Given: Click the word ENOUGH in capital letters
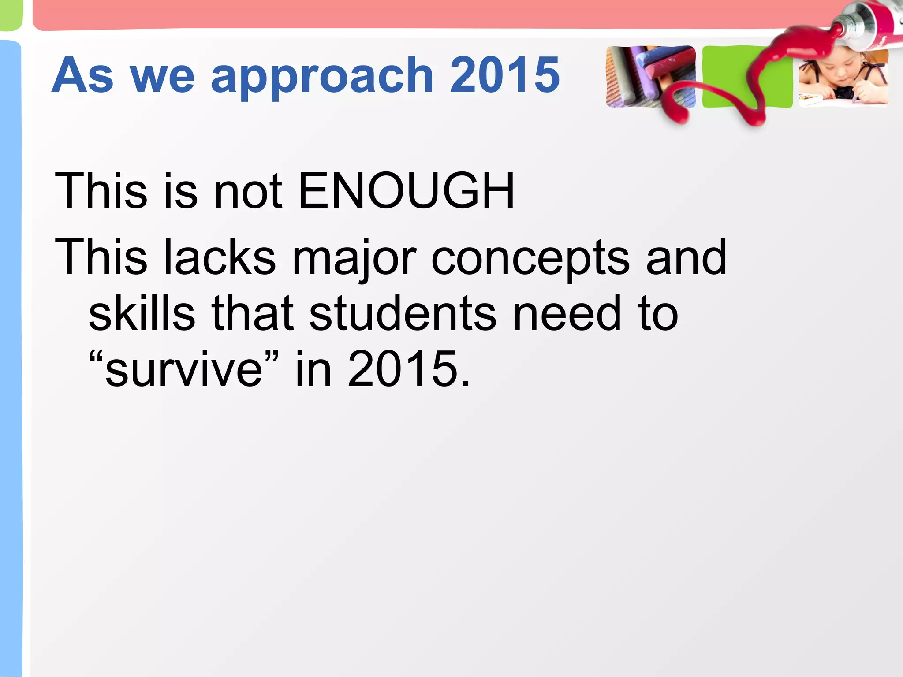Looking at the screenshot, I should point(406,191).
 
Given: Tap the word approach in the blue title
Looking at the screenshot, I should point(322,76).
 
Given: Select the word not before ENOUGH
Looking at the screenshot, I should point(248,192).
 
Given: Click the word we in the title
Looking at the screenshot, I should point(162,76).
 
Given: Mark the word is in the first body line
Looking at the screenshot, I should point(180,191).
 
